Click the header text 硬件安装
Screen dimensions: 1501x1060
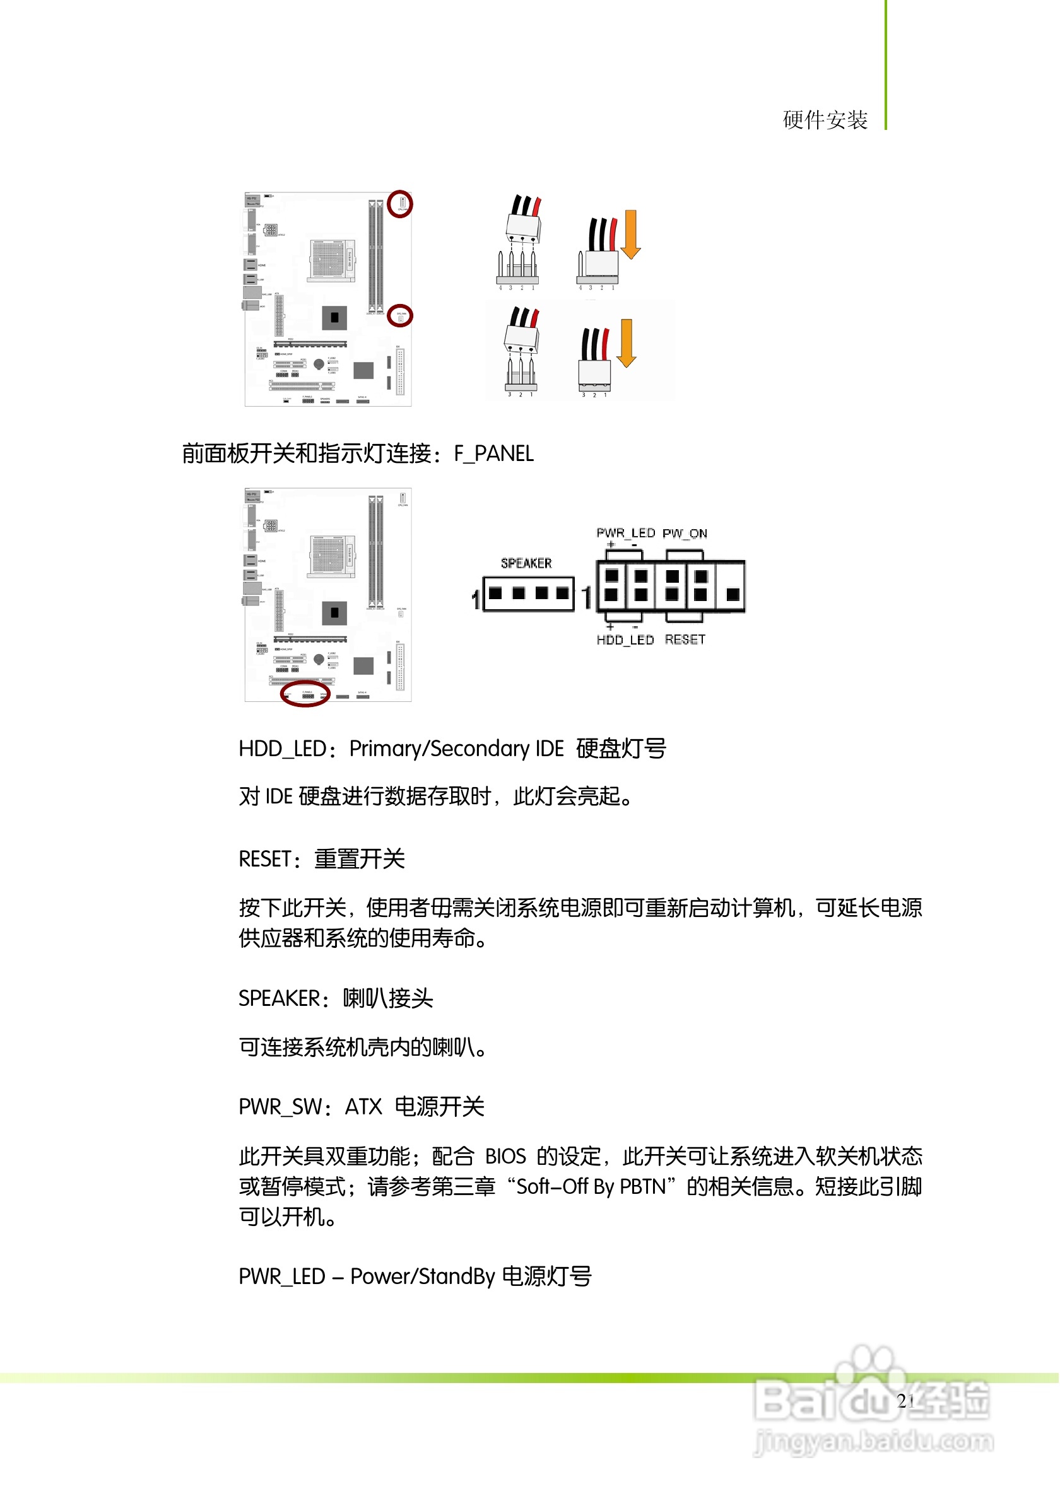[x=825, y=120]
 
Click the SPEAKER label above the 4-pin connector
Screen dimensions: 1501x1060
[x=526, y=564]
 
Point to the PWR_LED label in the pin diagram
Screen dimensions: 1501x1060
[x=626, y=534]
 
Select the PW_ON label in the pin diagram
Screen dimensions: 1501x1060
[x=685, y=534]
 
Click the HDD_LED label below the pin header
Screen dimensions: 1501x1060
[x=625, y=640]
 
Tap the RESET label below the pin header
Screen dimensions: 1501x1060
[x=685, y=640]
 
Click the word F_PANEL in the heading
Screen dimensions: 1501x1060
[x=495, y=453]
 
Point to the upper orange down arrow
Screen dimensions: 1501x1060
[x=630, y=234]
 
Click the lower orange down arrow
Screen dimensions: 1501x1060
[x=627, y=342]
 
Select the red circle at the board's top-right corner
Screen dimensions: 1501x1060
[x=399, y=204]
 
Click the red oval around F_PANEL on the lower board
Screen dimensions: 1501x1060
[x=305, y=694]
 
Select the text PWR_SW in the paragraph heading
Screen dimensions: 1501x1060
[x=280, y=1107]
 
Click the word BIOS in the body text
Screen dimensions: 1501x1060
[x=505, y=1157]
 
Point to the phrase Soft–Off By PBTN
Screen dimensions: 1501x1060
[x=591, y=1186]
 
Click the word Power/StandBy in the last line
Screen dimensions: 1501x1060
[x=423, y=1276]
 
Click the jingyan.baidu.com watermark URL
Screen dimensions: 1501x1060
[x=874, y=1441]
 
